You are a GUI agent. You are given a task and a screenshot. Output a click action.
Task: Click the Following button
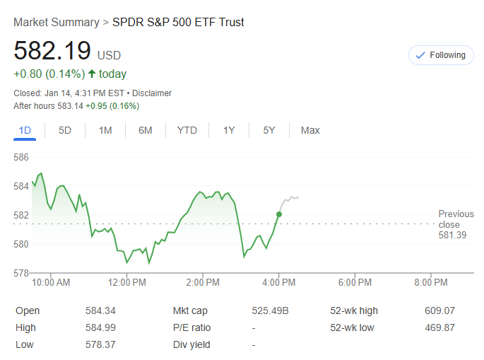coord(441,55)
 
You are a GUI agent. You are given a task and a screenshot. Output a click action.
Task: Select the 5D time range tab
coord(65,130)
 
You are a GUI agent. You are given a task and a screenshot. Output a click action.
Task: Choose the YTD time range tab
coord(187,130)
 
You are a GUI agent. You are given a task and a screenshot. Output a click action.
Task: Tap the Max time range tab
coord(310,130)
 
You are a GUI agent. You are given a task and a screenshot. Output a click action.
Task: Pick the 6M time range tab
coord(146,130)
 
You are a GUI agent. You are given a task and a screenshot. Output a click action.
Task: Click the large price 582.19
coord(53,52)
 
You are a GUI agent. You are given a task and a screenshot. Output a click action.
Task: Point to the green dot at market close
coord(279,214)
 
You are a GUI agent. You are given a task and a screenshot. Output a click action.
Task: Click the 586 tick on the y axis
coord(21,157)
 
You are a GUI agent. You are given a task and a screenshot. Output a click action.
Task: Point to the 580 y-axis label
coord(21,244)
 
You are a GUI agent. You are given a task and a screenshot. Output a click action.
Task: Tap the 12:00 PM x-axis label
coord(128,283)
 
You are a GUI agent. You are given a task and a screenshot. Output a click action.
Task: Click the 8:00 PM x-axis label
coord(431,283)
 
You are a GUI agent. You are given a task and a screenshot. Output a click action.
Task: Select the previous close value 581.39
coord(452,235)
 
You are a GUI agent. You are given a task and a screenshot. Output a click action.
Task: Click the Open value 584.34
coord(100,310)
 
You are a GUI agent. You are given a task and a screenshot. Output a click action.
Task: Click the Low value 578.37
coord(100,344)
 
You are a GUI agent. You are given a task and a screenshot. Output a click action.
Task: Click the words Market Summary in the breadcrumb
coord(57,23)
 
